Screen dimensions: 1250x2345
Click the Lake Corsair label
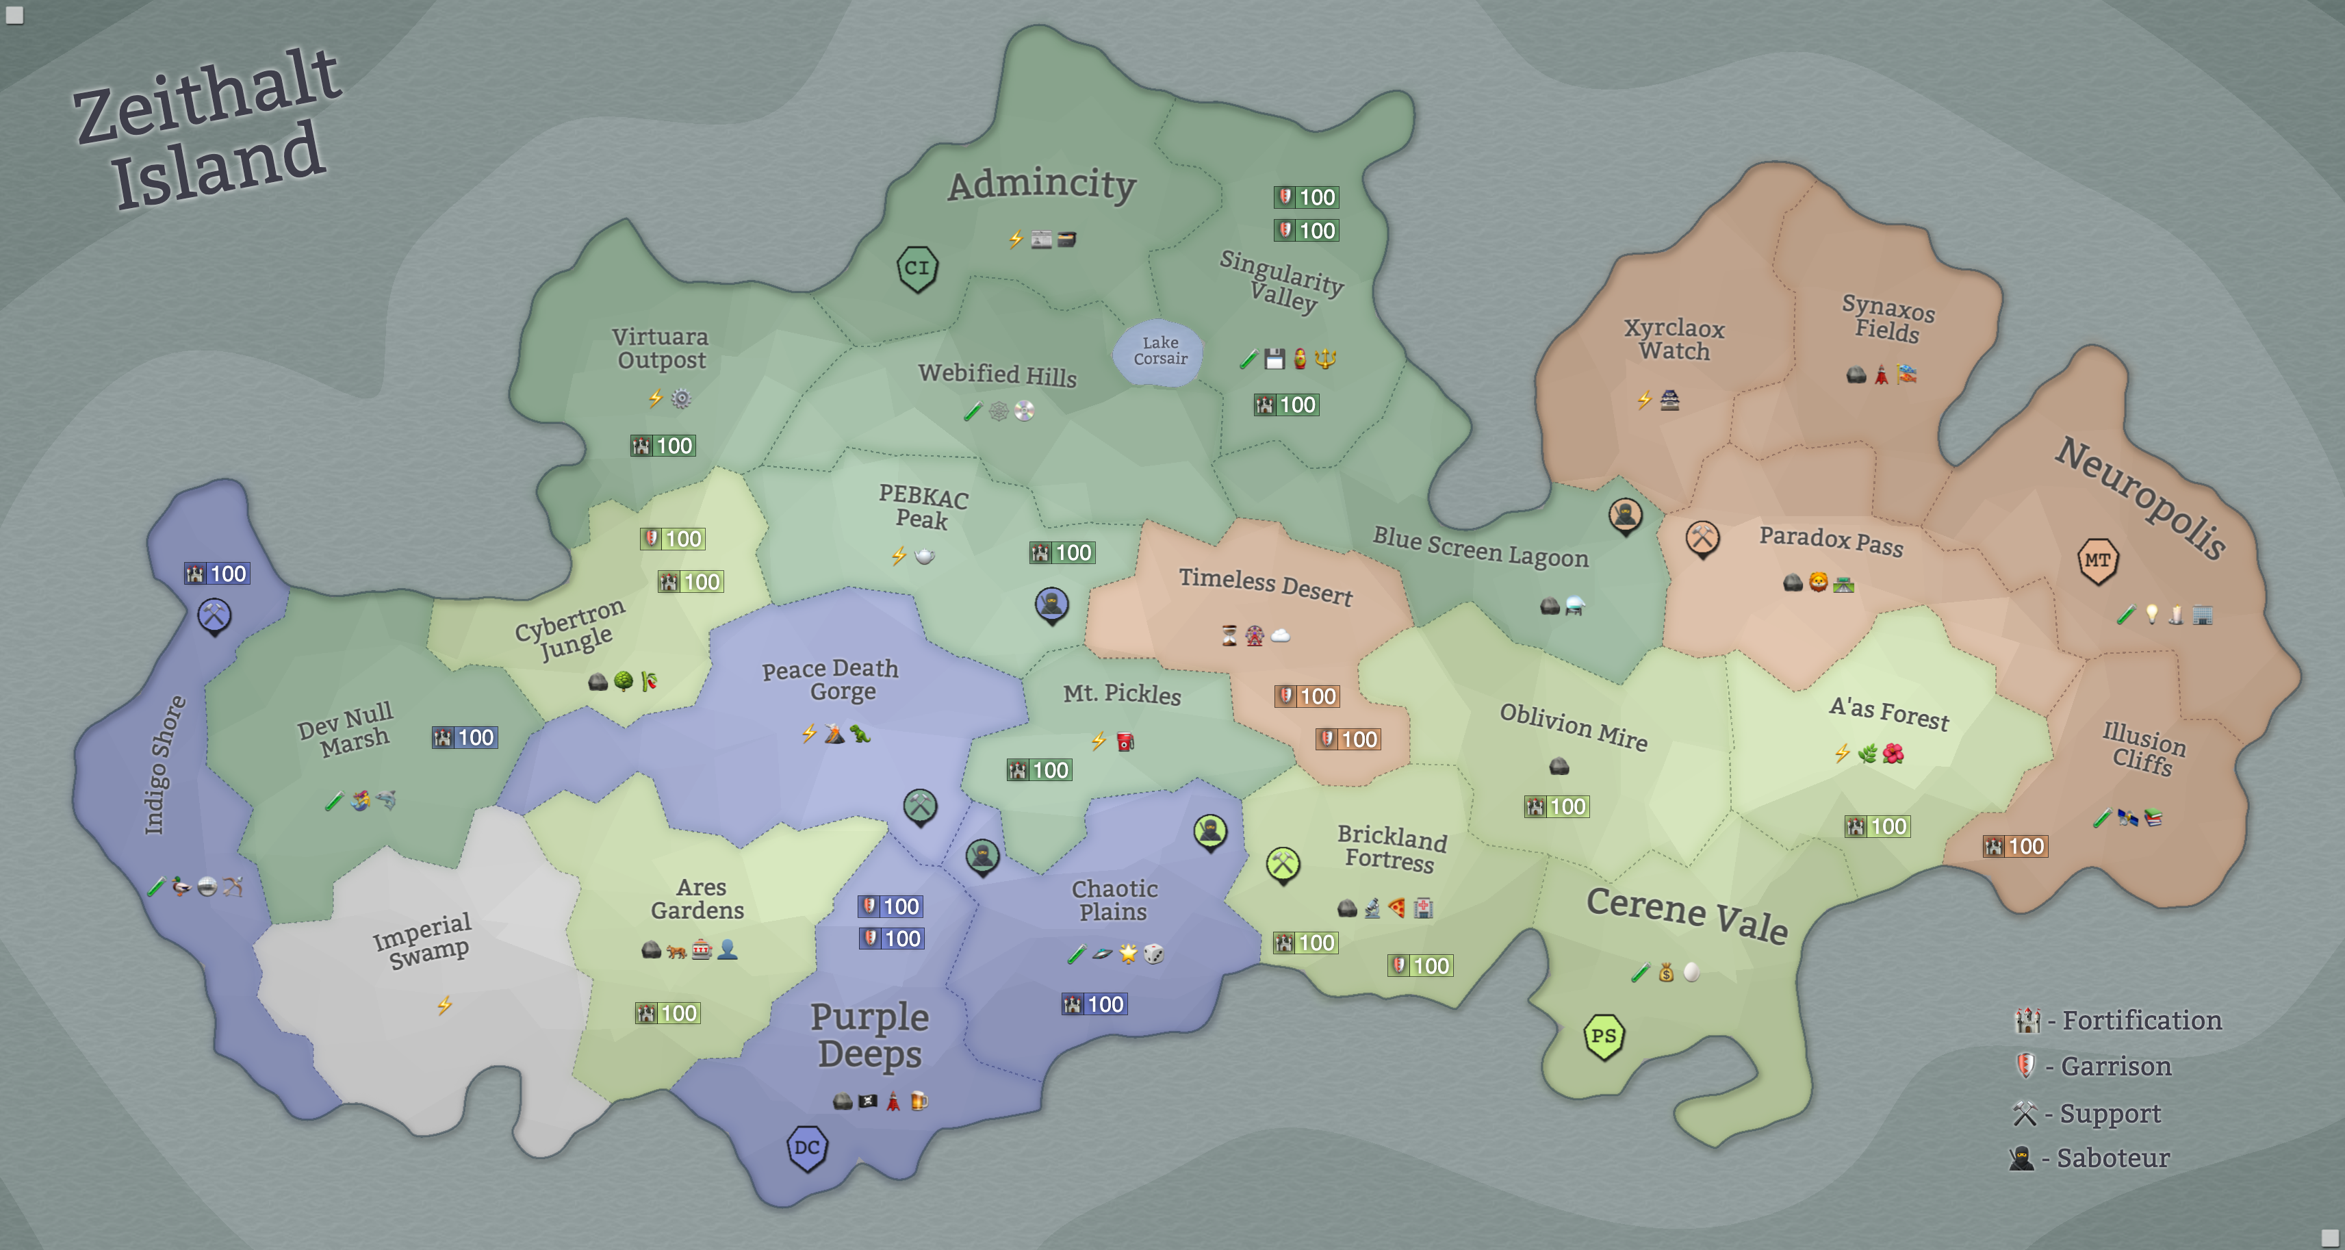1159,350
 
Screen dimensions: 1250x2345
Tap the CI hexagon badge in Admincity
917,268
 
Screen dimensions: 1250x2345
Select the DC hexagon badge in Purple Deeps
806,1148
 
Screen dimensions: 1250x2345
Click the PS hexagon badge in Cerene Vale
1603,1036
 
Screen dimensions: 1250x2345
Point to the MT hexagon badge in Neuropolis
2097,561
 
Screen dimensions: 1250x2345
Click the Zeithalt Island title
207,127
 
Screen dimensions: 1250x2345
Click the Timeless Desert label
1266,585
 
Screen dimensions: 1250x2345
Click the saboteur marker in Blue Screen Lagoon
1625,516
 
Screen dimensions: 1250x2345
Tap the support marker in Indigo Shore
214,616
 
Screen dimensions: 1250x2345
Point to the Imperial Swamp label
423,941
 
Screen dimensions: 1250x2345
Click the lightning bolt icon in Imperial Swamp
444,1005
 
